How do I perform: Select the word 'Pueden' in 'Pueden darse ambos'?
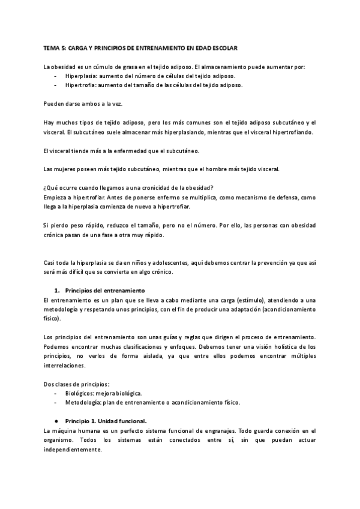pos(54,104)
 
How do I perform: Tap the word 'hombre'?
pos(227,169)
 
